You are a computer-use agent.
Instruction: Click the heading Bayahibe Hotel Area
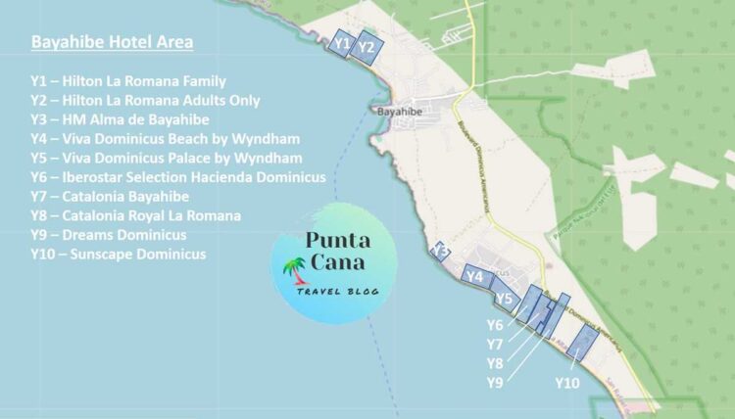click(x=112, y=42)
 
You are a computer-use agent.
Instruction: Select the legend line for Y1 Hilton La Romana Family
click(x=128, y=81)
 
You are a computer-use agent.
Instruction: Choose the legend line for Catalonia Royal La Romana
click(x=136, y=215)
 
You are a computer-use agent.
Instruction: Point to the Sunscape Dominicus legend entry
click(x=119, y=255)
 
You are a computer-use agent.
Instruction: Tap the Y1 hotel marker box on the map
click(x=341, y=43)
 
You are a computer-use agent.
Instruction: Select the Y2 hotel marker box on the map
click(x=367, y=46)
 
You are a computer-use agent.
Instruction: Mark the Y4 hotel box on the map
click(x=475, y=277)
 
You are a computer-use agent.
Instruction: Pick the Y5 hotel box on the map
click(x=505, y=298)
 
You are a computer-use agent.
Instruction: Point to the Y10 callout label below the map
click(x=566, y=382)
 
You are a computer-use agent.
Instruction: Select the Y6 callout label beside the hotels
click(x=495, y=324)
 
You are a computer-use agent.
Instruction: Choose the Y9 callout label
click(x=495, y=382)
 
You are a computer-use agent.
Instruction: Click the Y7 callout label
click(x=495, y=344)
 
